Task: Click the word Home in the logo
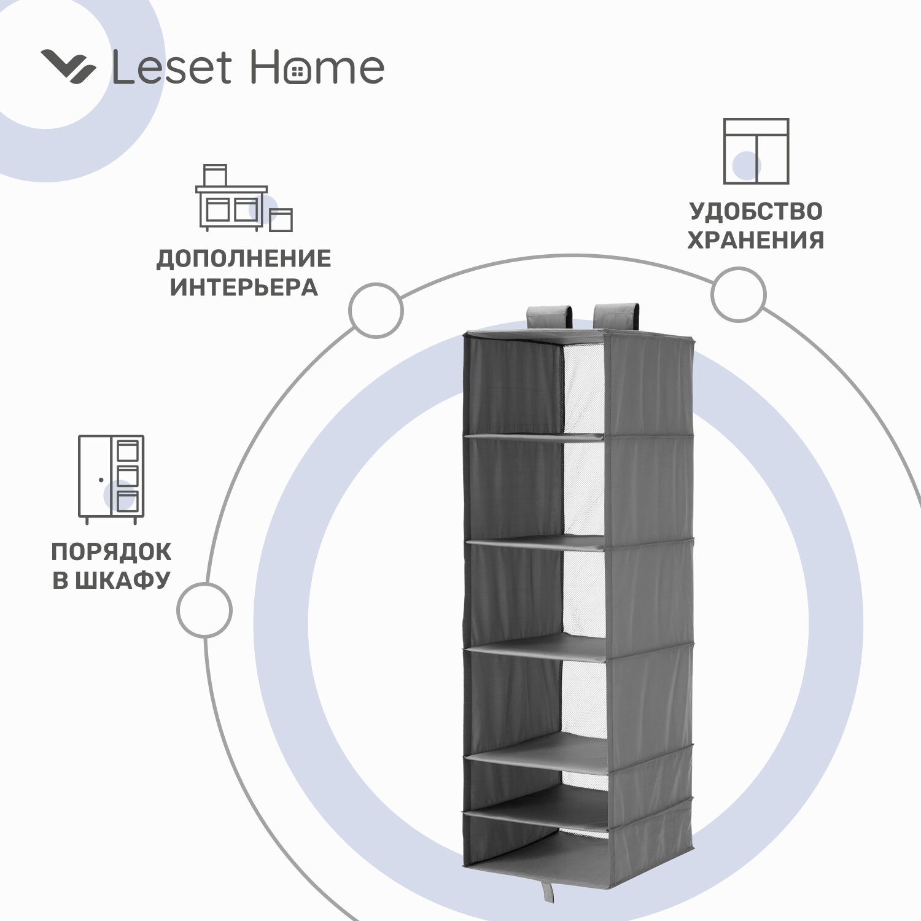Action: [x=317, y=68]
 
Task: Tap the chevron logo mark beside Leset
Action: [x=68, y=66]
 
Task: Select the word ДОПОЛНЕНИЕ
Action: [x=244, y=259]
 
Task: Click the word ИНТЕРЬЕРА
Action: [x=244, y=287]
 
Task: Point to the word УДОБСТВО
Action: [x=756, y=212]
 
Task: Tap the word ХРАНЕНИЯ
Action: [x=756, y=240]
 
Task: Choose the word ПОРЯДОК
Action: [x=111, y=552]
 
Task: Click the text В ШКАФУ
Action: [x=111, y=580]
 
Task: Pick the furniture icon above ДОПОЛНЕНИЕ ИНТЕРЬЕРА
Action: [x=243, y=198]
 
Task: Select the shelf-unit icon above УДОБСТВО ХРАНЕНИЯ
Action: [x=756, y=151]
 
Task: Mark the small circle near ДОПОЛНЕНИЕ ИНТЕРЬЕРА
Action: [x=376, y=310]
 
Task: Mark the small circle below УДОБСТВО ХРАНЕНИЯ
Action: [x=738, y=295]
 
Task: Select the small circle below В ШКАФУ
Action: [x=204, y=610]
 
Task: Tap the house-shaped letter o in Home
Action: [x=297, y=71]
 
